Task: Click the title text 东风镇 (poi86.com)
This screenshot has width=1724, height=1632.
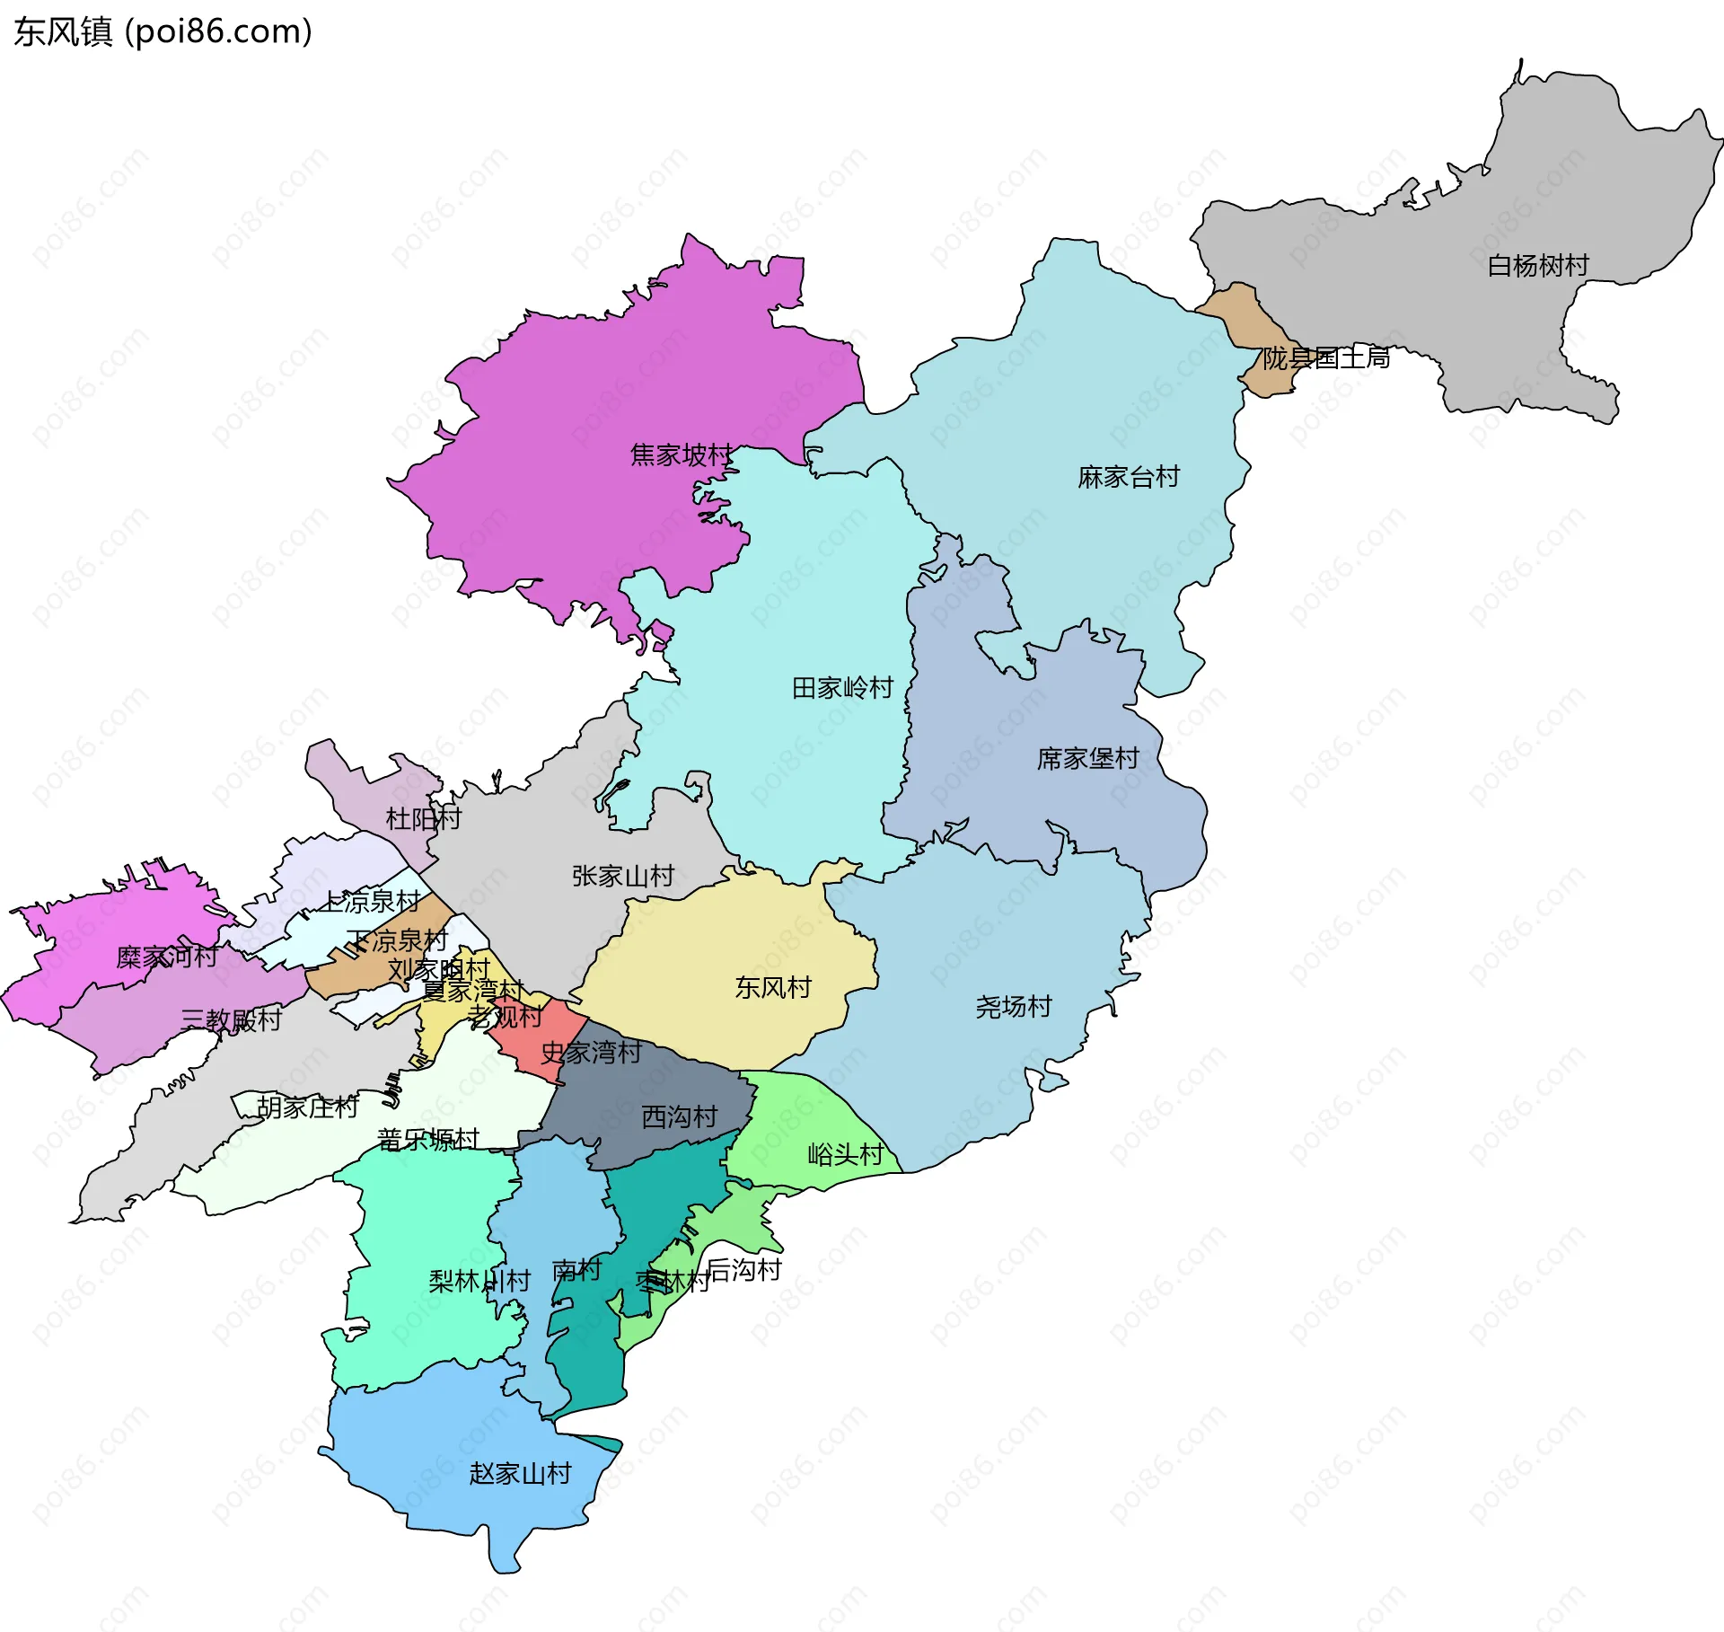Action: (x=163, y=31)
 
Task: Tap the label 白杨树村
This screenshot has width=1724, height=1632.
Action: (x=1537, y=266)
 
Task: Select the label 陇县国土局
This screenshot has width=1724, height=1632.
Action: (x=1325, y=358)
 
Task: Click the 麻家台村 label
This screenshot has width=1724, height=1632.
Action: (x=1128, y=477)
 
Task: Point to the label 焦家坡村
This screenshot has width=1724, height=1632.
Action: (x=682, y=455)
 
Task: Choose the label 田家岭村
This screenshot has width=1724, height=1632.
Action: (x=842, y=688)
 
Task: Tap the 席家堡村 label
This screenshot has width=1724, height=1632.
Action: (x=1087, y=759)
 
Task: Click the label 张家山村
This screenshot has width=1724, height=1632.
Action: (x=623, y=876)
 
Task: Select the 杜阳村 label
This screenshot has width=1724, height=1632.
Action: (x=423, y=818)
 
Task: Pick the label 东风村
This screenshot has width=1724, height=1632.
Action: (x=773, y=988)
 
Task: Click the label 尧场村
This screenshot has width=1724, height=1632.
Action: (x=1013, y=1007)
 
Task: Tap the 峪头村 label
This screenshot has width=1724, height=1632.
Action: (x=845, y=1154)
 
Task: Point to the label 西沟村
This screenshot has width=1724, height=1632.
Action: (x=680, y=1116)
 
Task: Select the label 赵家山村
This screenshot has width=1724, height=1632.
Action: (x=520, y=1473)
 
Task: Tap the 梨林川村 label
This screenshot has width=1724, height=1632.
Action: (x=479, y=1281)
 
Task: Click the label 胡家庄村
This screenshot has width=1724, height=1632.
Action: (x=307, y=1107)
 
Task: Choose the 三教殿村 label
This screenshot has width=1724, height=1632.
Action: (x=231, y=1020)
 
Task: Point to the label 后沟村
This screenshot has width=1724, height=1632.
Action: (x=744, y=1269)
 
